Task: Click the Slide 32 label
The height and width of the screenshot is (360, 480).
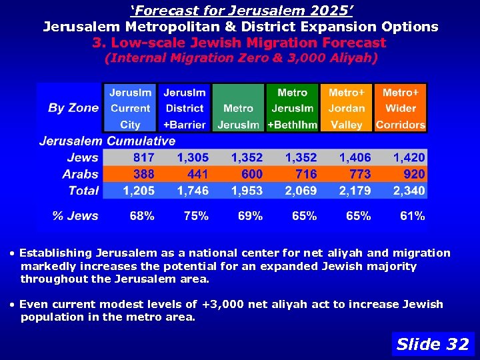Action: click(433, 344)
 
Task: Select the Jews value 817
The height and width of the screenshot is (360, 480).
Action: click(143, 158)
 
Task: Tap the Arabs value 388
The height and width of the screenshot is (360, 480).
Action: click(143, 174)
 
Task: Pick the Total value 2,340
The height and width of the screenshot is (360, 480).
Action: click(409, 191)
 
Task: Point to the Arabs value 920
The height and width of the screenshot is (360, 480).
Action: click(413, 174)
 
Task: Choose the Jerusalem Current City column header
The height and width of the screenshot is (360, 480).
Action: click(131, 108)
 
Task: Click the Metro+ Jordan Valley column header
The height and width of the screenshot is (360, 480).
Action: click(347, 108)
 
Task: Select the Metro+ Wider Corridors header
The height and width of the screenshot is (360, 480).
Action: click(401, 108)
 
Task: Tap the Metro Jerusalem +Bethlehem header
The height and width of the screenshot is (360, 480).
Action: click(292, 108)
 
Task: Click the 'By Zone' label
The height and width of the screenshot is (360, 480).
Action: click(73, 108)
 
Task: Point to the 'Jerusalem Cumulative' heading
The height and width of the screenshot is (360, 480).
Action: click(107, 141)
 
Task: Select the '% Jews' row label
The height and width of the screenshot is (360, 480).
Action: click(75, 216)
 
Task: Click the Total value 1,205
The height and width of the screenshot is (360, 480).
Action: click(139, 191)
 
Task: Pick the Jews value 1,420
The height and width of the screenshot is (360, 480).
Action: click(409, 158)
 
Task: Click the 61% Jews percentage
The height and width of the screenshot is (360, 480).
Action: click(413, 216)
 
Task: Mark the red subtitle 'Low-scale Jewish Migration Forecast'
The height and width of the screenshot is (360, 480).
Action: click(239, 43)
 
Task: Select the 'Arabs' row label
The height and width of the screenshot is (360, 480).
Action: click(81, 174)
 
